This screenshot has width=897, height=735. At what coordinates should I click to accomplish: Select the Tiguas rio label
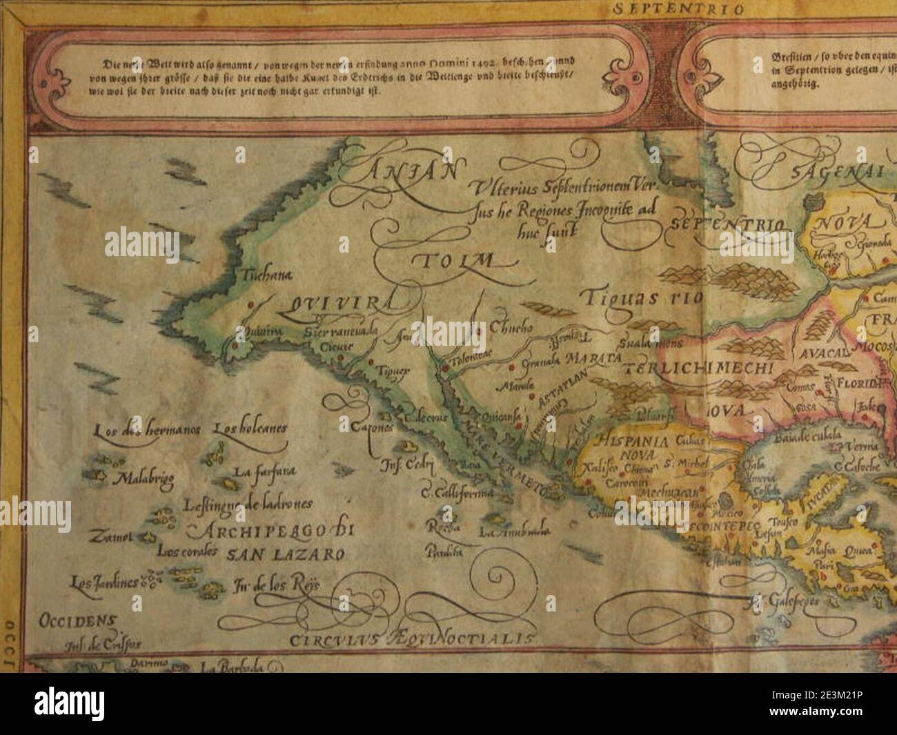(641, 298)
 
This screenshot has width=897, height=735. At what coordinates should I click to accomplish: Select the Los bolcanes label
(250, 429)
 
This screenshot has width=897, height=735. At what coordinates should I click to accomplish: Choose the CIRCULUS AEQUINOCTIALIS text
(412, 638)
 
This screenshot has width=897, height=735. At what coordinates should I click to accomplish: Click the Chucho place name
(511, 329)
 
